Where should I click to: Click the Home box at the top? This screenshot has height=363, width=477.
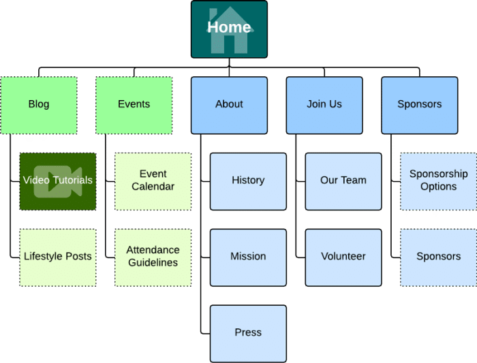[229, 29]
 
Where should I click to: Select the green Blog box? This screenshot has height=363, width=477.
[39, 105]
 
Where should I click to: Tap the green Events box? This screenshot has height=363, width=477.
[134, 105]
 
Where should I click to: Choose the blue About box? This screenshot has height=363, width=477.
[229, 105]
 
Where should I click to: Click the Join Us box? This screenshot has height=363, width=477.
[324, 105]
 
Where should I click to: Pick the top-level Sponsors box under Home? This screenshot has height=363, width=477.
[419, 105]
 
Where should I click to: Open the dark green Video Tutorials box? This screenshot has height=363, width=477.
[57, 180]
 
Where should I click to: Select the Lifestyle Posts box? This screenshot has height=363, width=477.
[57, 257]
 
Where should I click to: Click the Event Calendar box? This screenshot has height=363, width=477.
[153, 180]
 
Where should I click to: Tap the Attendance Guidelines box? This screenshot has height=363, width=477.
[153, 257]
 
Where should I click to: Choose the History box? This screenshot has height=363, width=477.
[248, 180]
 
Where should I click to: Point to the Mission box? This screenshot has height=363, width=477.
[248, 257]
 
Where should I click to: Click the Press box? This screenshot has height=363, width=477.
[248, 333]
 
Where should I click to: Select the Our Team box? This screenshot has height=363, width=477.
[343, 180]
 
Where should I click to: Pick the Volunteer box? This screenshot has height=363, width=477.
[343, 257]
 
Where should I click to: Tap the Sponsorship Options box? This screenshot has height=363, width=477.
[438, 180]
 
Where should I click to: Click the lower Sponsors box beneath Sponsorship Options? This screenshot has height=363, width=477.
[438, 257]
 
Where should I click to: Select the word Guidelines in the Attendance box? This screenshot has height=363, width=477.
[153, 263]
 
